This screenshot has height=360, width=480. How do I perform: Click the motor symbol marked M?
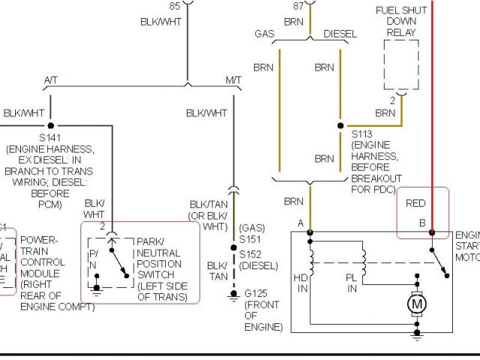tap(418, 304)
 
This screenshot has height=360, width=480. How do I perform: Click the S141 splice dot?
tap(51, 125)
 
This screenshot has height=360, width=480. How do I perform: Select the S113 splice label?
tap(362, 134)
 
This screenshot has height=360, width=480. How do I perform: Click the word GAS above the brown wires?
tap(265, 34)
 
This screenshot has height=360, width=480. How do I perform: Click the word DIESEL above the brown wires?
tap(340, 34)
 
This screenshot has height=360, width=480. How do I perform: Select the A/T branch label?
tap(51, 79)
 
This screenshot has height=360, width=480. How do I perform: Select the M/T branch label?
tap(233, 79)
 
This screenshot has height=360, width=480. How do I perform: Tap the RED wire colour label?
tap(415, 202)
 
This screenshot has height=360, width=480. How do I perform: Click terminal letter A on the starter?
tap(301, 223)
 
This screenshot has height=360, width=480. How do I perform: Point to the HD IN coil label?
tap(303, 282)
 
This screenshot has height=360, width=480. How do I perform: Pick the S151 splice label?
tap(248, 238)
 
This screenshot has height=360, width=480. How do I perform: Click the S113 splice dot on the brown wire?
tap(340, 125)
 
